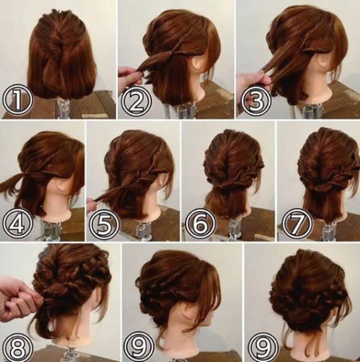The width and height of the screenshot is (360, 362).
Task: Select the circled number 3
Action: tap(255, 101)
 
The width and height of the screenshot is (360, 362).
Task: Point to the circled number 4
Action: tap(17, 224)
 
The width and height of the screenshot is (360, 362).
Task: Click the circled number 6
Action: tap(200, 224)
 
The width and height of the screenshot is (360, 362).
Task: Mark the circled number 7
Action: tap(297, 224)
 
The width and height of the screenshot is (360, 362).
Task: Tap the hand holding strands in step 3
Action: tap(252, 79)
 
